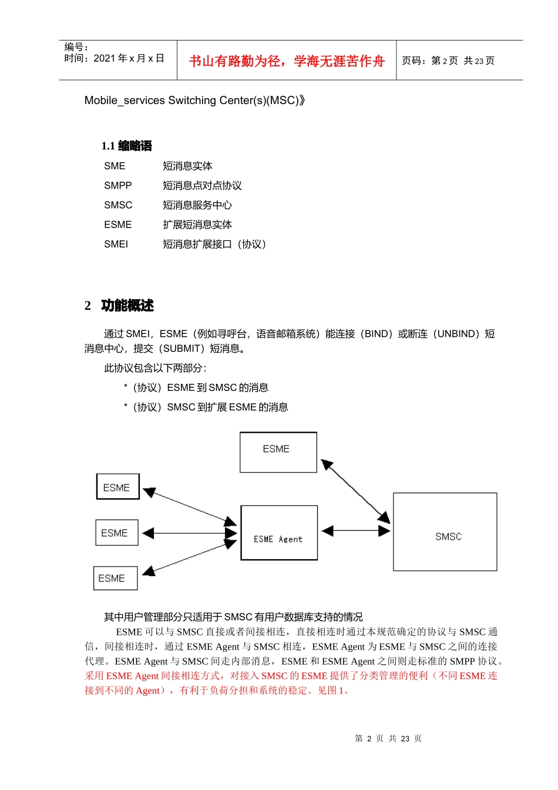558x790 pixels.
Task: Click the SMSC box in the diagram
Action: tap(445, 531)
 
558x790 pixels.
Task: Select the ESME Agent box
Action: tap(279, 533)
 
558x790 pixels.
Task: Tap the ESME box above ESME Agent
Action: tap(278, 452)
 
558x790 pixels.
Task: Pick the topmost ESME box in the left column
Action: tap(117, 487)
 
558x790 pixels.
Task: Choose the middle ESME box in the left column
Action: tap(116, 533)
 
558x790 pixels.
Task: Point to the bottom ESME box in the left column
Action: tap(115, 578)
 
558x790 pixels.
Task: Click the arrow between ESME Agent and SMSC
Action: tap(356, 530)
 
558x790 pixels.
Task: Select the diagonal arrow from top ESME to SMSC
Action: tap(356, 491)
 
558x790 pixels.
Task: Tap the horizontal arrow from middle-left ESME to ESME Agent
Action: tap(189, 533)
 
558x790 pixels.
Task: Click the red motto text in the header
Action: tap(287, 61)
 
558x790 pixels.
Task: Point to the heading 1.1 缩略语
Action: tap(126, 146)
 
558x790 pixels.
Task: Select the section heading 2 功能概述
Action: tap(119, 306)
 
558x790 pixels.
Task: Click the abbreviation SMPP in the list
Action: tap(117, 186)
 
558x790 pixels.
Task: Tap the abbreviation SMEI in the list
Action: tap(116, 245)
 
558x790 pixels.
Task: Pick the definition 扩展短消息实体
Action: tap(197, 225)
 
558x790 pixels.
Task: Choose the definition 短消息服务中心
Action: tap(197, 205)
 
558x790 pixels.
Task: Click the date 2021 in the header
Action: tap(105, 58)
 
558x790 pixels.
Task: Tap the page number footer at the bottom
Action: tap(388, 738)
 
